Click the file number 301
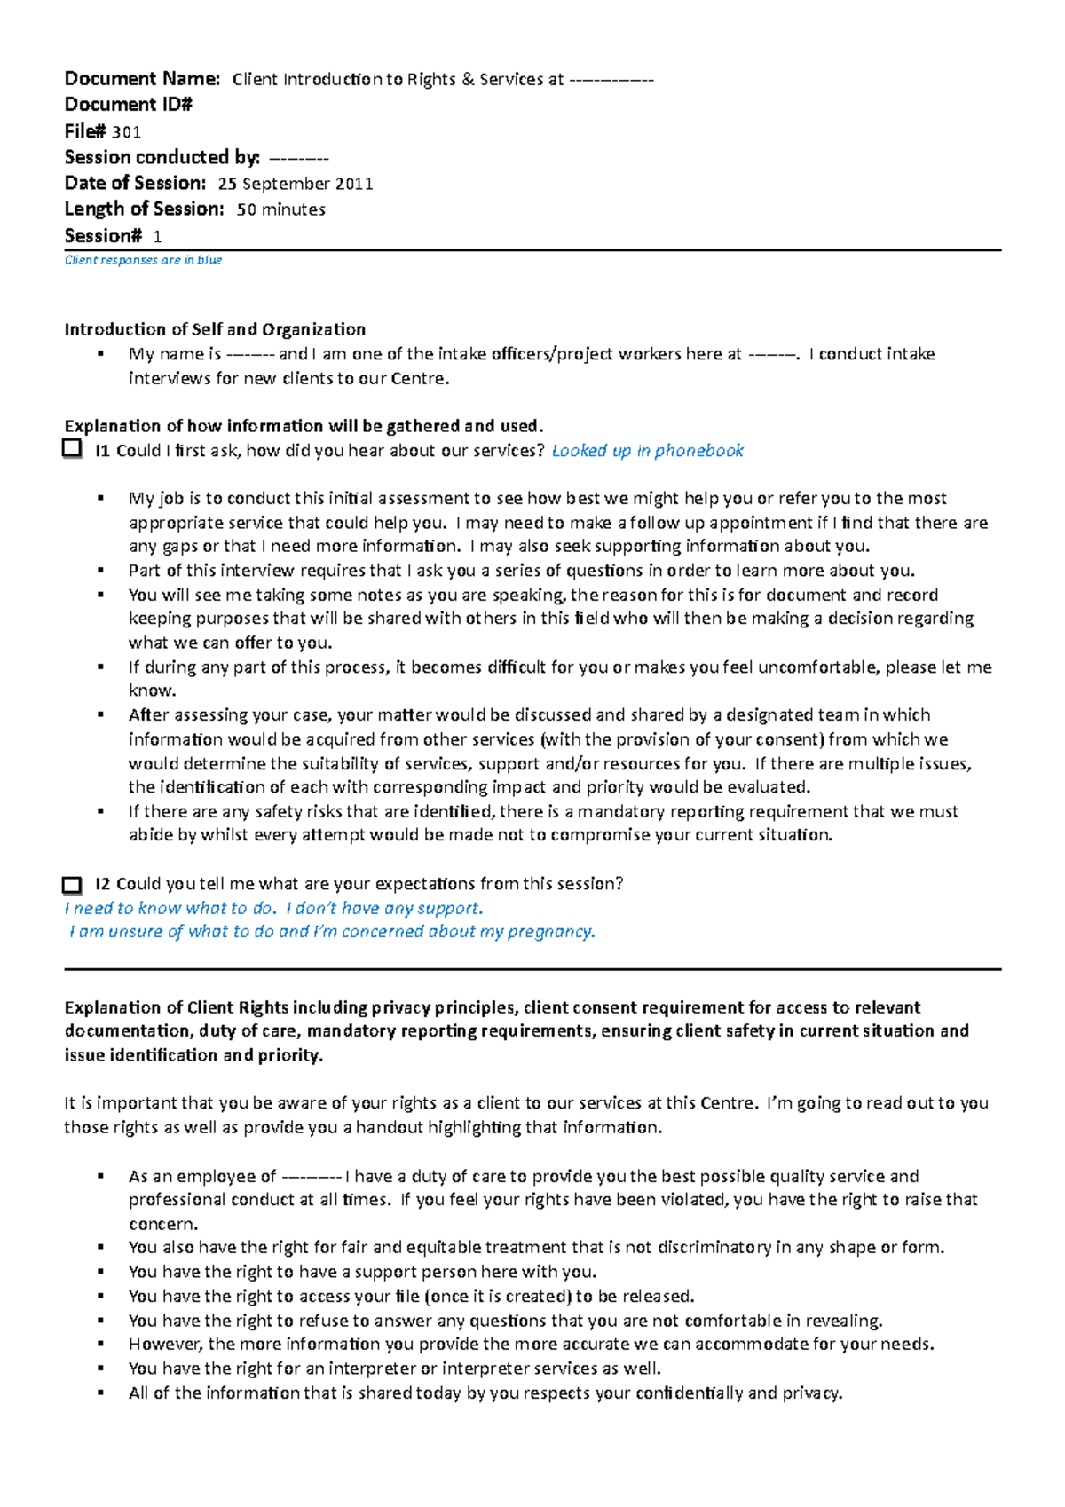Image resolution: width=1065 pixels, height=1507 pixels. pos(126,132)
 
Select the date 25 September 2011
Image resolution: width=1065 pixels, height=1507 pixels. pos(295,184)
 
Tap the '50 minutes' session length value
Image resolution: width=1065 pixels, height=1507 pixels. pos(280,209)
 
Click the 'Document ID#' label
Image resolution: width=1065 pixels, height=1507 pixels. pos(128,105)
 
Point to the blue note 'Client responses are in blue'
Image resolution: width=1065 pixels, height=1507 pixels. pos(143,260)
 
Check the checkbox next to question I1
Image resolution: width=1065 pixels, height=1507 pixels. pos(72,449)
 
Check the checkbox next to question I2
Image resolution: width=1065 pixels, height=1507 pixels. pos(72,885)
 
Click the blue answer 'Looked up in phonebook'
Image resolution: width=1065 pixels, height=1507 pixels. pos(647,451)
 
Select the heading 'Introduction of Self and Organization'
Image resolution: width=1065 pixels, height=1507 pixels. pos(214,329)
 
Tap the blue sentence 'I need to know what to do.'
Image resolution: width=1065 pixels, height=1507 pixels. pos(170,908)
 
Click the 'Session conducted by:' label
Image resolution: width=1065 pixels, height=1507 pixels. pos(162,157)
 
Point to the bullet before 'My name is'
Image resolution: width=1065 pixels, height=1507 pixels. pos(101,353)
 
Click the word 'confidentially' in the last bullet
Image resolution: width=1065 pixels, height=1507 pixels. pos(689,1393)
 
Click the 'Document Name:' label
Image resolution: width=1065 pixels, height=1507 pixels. pos(142,78)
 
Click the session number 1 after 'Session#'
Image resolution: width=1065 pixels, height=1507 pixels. pos(157,236)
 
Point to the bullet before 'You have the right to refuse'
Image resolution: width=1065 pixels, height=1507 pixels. pos(101,1321)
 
